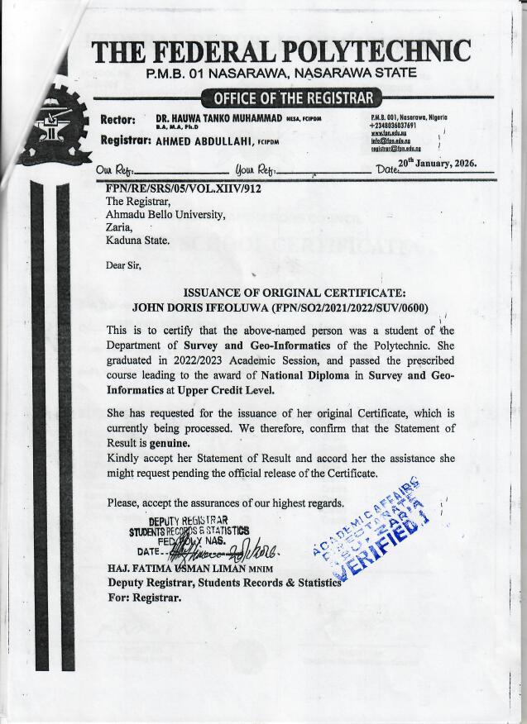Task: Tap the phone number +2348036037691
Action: (x=400, y=125)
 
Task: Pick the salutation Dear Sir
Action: (x=123, y=265)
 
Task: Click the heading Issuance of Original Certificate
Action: (x=294, y=293)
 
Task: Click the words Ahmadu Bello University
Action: (x=165, y=214)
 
